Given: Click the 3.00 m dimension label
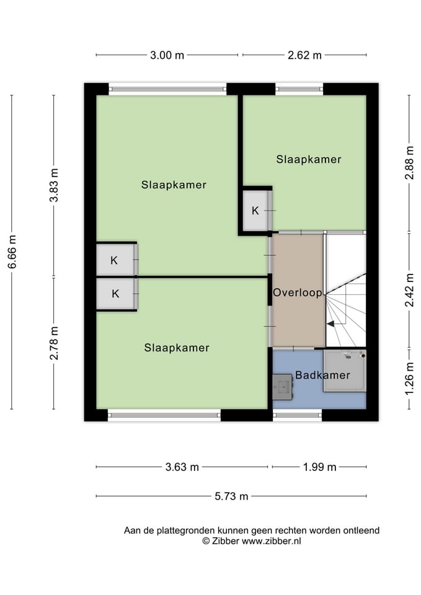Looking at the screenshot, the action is [167, 55].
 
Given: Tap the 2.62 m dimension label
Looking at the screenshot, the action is [304, 55].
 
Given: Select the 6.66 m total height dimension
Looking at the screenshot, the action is [12, 252].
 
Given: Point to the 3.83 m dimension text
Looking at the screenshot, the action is [55, 185].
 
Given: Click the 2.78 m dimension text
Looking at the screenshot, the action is [55, 343].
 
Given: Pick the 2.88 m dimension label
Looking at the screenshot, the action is [410, 162].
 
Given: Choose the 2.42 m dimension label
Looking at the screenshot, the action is [410, 290].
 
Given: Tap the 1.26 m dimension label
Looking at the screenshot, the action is [410, 378].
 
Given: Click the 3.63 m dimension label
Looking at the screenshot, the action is [182, 467].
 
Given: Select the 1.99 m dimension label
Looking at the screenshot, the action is [320, 467].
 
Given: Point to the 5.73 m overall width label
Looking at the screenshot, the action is [231, 496].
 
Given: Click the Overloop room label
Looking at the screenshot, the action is [298, 293].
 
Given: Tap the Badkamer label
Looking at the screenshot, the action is [322, 375].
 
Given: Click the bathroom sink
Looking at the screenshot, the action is [283, 387].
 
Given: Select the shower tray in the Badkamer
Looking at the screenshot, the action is [345, 371].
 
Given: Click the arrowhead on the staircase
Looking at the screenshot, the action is [330, 324].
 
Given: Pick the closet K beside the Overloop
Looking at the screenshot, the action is [255, 211].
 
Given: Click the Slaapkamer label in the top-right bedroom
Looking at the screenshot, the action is [309, 159].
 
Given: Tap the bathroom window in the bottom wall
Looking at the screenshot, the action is [298, 415].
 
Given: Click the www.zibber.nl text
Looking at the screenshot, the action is [272, 541].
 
